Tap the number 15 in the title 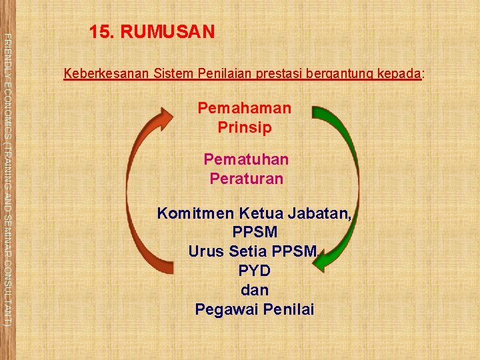pos(100,31)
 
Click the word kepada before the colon pos(399,73)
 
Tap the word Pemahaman pos(245,108)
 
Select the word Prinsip pos(245,127)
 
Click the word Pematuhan pos(246,160)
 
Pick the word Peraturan pos(246,179)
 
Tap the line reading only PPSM pos(255,233)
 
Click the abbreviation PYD pos(254,271)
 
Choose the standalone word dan pos(254,291)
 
